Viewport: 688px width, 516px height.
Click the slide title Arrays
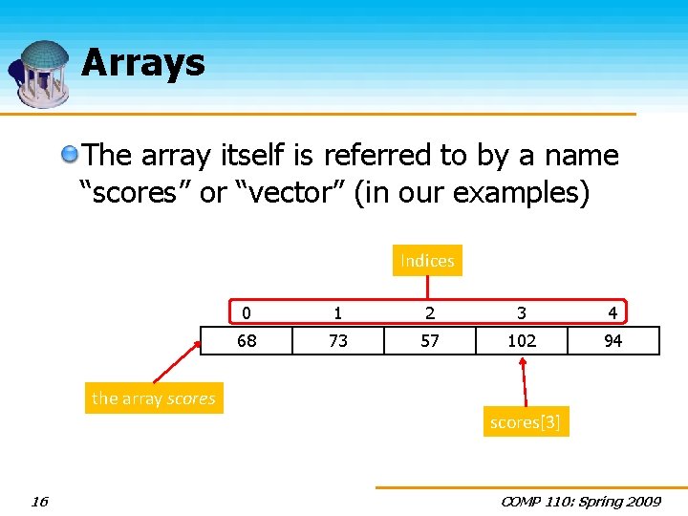143,63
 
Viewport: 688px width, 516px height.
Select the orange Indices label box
427,261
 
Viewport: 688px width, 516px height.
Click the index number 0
247,312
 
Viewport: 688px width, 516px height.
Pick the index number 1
337,312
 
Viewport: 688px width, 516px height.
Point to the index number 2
430,312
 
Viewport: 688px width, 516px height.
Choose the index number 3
522,312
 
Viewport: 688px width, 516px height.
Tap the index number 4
613,312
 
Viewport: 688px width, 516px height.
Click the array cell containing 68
247,340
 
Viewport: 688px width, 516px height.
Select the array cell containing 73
337,340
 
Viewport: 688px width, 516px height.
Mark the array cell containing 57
430,340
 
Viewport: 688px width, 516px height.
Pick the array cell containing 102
522,340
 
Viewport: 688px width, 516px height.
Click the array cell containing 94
613,340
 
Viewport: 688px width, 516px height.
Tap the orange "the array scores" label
154,398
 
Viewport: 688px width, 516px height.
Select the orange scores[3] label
525,422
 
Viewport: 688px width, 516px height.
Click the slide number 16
39,502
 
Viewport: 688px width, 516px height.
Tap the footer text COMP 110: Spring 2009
579,502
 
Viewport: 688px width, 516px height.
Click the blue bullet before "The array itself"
70,155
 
